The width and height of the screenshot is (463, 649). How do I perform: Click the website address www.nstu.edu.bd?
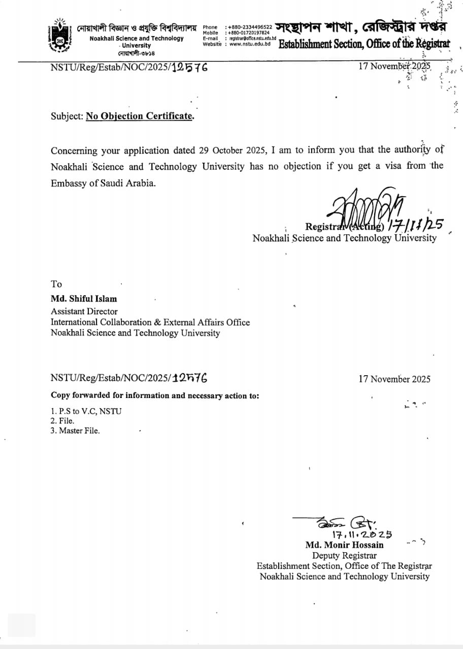(250, 44)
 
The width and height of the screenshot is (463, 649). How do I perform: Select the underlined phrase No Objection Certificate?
(140, 116)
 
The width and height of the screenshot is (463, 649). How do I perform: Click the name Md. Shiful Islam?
(84, 299)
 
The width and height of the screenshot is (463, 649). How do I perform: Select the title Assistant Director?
(84, 311)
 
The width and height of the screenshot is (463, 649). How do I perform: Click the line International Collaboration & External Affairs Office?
(150, 322)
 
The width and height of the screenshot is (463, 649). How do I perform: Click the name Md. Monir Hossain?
(344, 545)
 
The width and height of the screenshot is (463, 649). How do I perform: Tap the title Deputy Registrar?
(344, 556)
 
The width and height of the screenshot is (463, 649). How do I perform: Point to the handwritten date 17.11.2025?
(361, 534)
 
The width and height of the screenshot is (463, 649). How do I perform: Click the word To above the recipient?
(56, 284)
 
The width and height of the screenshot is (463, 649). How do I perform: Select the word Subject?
(67, 116)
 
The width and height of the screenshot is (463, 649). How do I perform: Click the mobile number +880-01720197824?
(250, 32)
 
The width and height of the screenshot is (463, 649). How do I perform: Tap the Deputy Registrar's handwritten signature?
(345, 523)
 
